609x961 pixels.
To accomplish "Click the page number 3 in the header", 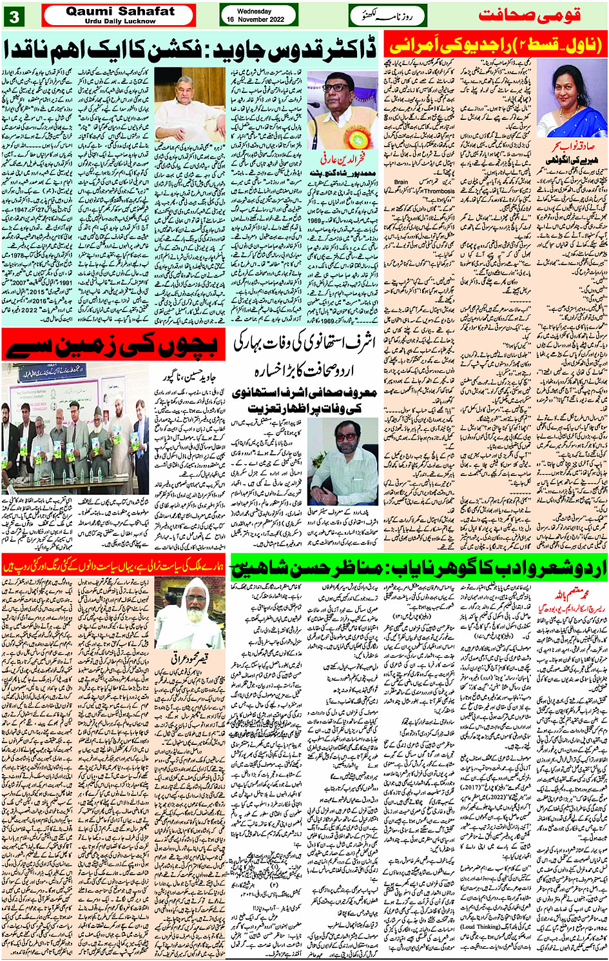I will pos(14,15).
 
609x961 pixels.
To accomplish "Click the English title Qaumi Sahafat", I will pos(120,11).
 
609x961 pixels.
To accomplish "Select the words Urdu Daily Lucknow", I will pos(120,21).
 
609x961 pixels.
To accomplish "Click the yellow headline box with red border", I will pos(496,45).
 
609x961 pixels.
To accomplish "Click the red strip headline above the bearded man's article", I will pos(115,566).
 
